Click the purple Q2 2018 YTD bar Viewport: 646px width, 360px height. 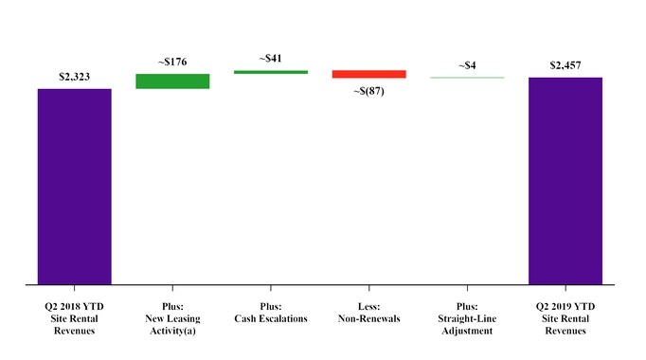(x=75, y=186)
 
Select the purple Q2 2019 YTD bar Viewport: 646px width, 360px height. (x=565, y=180)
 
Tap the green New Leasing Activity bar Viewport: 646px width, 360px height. (x=172, y=81)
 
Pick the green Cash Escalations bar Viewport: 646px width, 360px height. (x=271, y=72)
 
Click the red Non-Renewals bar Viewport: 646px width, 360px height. (x=369, y=74)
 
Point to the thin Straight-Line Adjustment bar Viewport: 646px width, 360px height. (x=467, y=77)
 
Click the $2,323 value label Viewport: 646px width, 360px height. (x=75, y=77)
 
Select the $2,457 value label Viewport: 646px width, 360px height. (x=565, y=65)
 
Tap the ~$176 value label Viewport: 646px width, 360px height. (x=172, y=63)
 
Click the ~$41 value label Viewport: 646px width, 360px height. (x=271, y=59)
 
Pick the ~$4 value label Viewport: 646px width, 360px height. (x=467, y=65)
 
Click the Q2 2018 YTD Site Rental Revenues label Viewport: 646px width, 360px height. (x=75, y=319)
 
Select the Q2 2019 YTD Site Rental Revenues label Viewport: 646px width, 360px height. (x=565, y=319)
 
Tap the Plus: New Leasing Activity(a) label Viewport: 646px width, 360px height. (x=172, y=319)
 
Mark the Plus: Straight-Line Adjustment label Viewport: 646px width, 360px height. (x=467, y=319)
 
